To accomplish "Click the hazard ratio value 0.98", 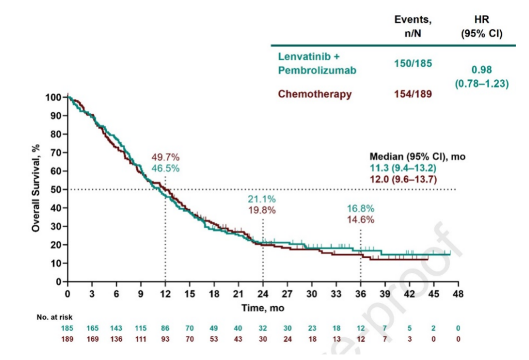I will coord(481,70).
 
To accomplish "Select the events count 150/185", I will coord(412,63).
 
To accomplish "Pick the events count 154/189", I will coord(412,94).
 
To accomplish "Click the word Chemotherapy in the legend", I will coord(314,94).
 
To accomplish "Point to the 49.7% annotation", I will coord(165,158).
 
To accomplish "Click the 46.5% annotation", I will coord(165,168).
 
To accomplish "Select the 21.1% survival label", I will coord(262,199).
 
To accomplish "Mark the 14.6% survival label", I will coord(360,219).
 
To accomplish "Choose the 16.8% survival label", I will coord(360,209).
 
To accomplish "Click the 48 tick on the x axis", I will coord(458,293).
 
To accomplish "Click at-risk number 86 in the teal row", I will coord(165,328).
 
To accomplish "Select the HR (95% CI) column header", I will coord(481,27).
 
